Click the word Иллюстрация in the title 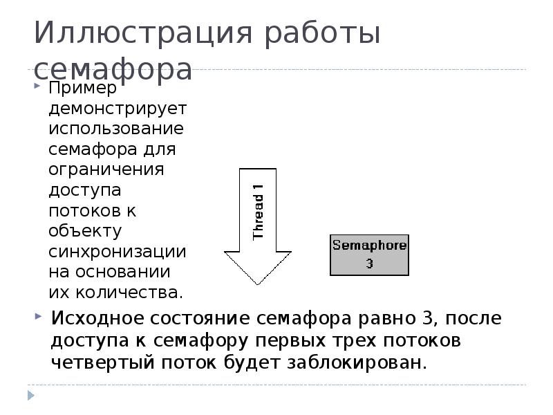click(143, 33)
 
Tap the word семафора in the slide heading click(113, 69)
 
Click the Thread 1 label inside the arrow click(258, 212)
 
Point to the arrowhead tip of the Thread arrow click(257, 284)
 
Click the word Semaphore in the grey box click(369, 246)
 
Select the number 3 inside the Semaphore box click(369, 264)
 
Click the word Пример click(82, 88)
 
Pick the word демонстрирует click(118, 109)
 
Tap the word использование click(116, 129)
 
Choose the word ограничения click(106, 169)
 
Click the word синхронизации click(117, 252)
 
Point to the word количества click(129, 293)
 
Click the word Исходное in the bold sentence click(97, 318)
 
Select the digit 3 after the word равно click(428, 318)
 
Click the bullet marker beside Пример click(37, 85)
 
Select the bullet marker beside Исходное click(38, 316)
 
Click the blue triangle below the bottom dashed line click(30, 395)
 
